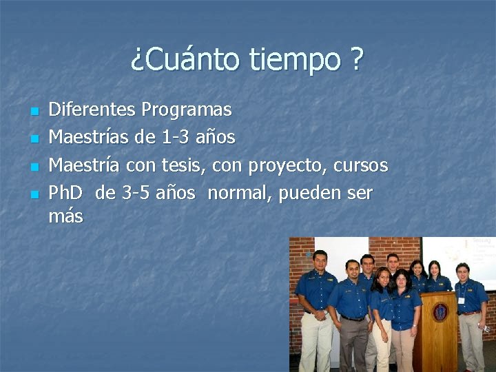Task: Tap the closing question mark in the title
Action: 355,61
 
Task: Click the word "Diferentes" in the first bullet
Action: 92,110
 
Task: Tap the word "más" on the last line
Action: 65,217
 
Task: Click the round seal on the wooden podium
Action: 440,312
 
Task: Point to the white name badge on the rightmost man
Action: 461,299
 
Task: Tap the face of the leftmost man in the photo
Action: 319,261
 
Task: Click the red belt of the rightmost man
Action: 471,313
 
